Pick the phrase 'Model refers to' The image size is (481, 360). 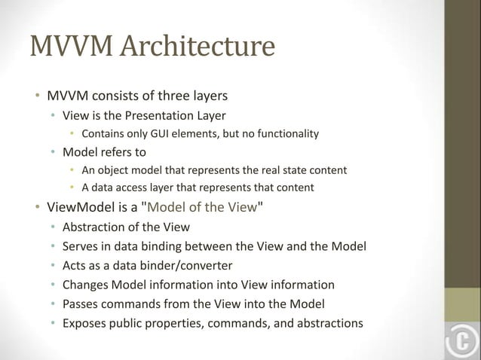pos(104,151)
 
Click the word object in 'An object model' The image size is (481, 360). pos(124,169)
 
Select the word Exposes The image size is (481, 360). pos(87,324)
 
